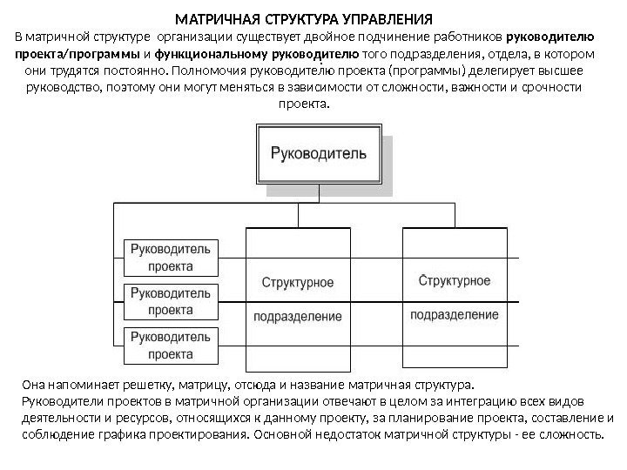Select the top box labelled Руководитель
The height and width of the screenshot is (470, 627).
tap(320, 155)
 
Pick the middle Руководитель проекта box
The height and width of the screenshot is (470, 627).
tap(171, 301)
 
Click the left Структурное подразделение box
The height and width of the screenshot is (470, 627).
tap(298, 296)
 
